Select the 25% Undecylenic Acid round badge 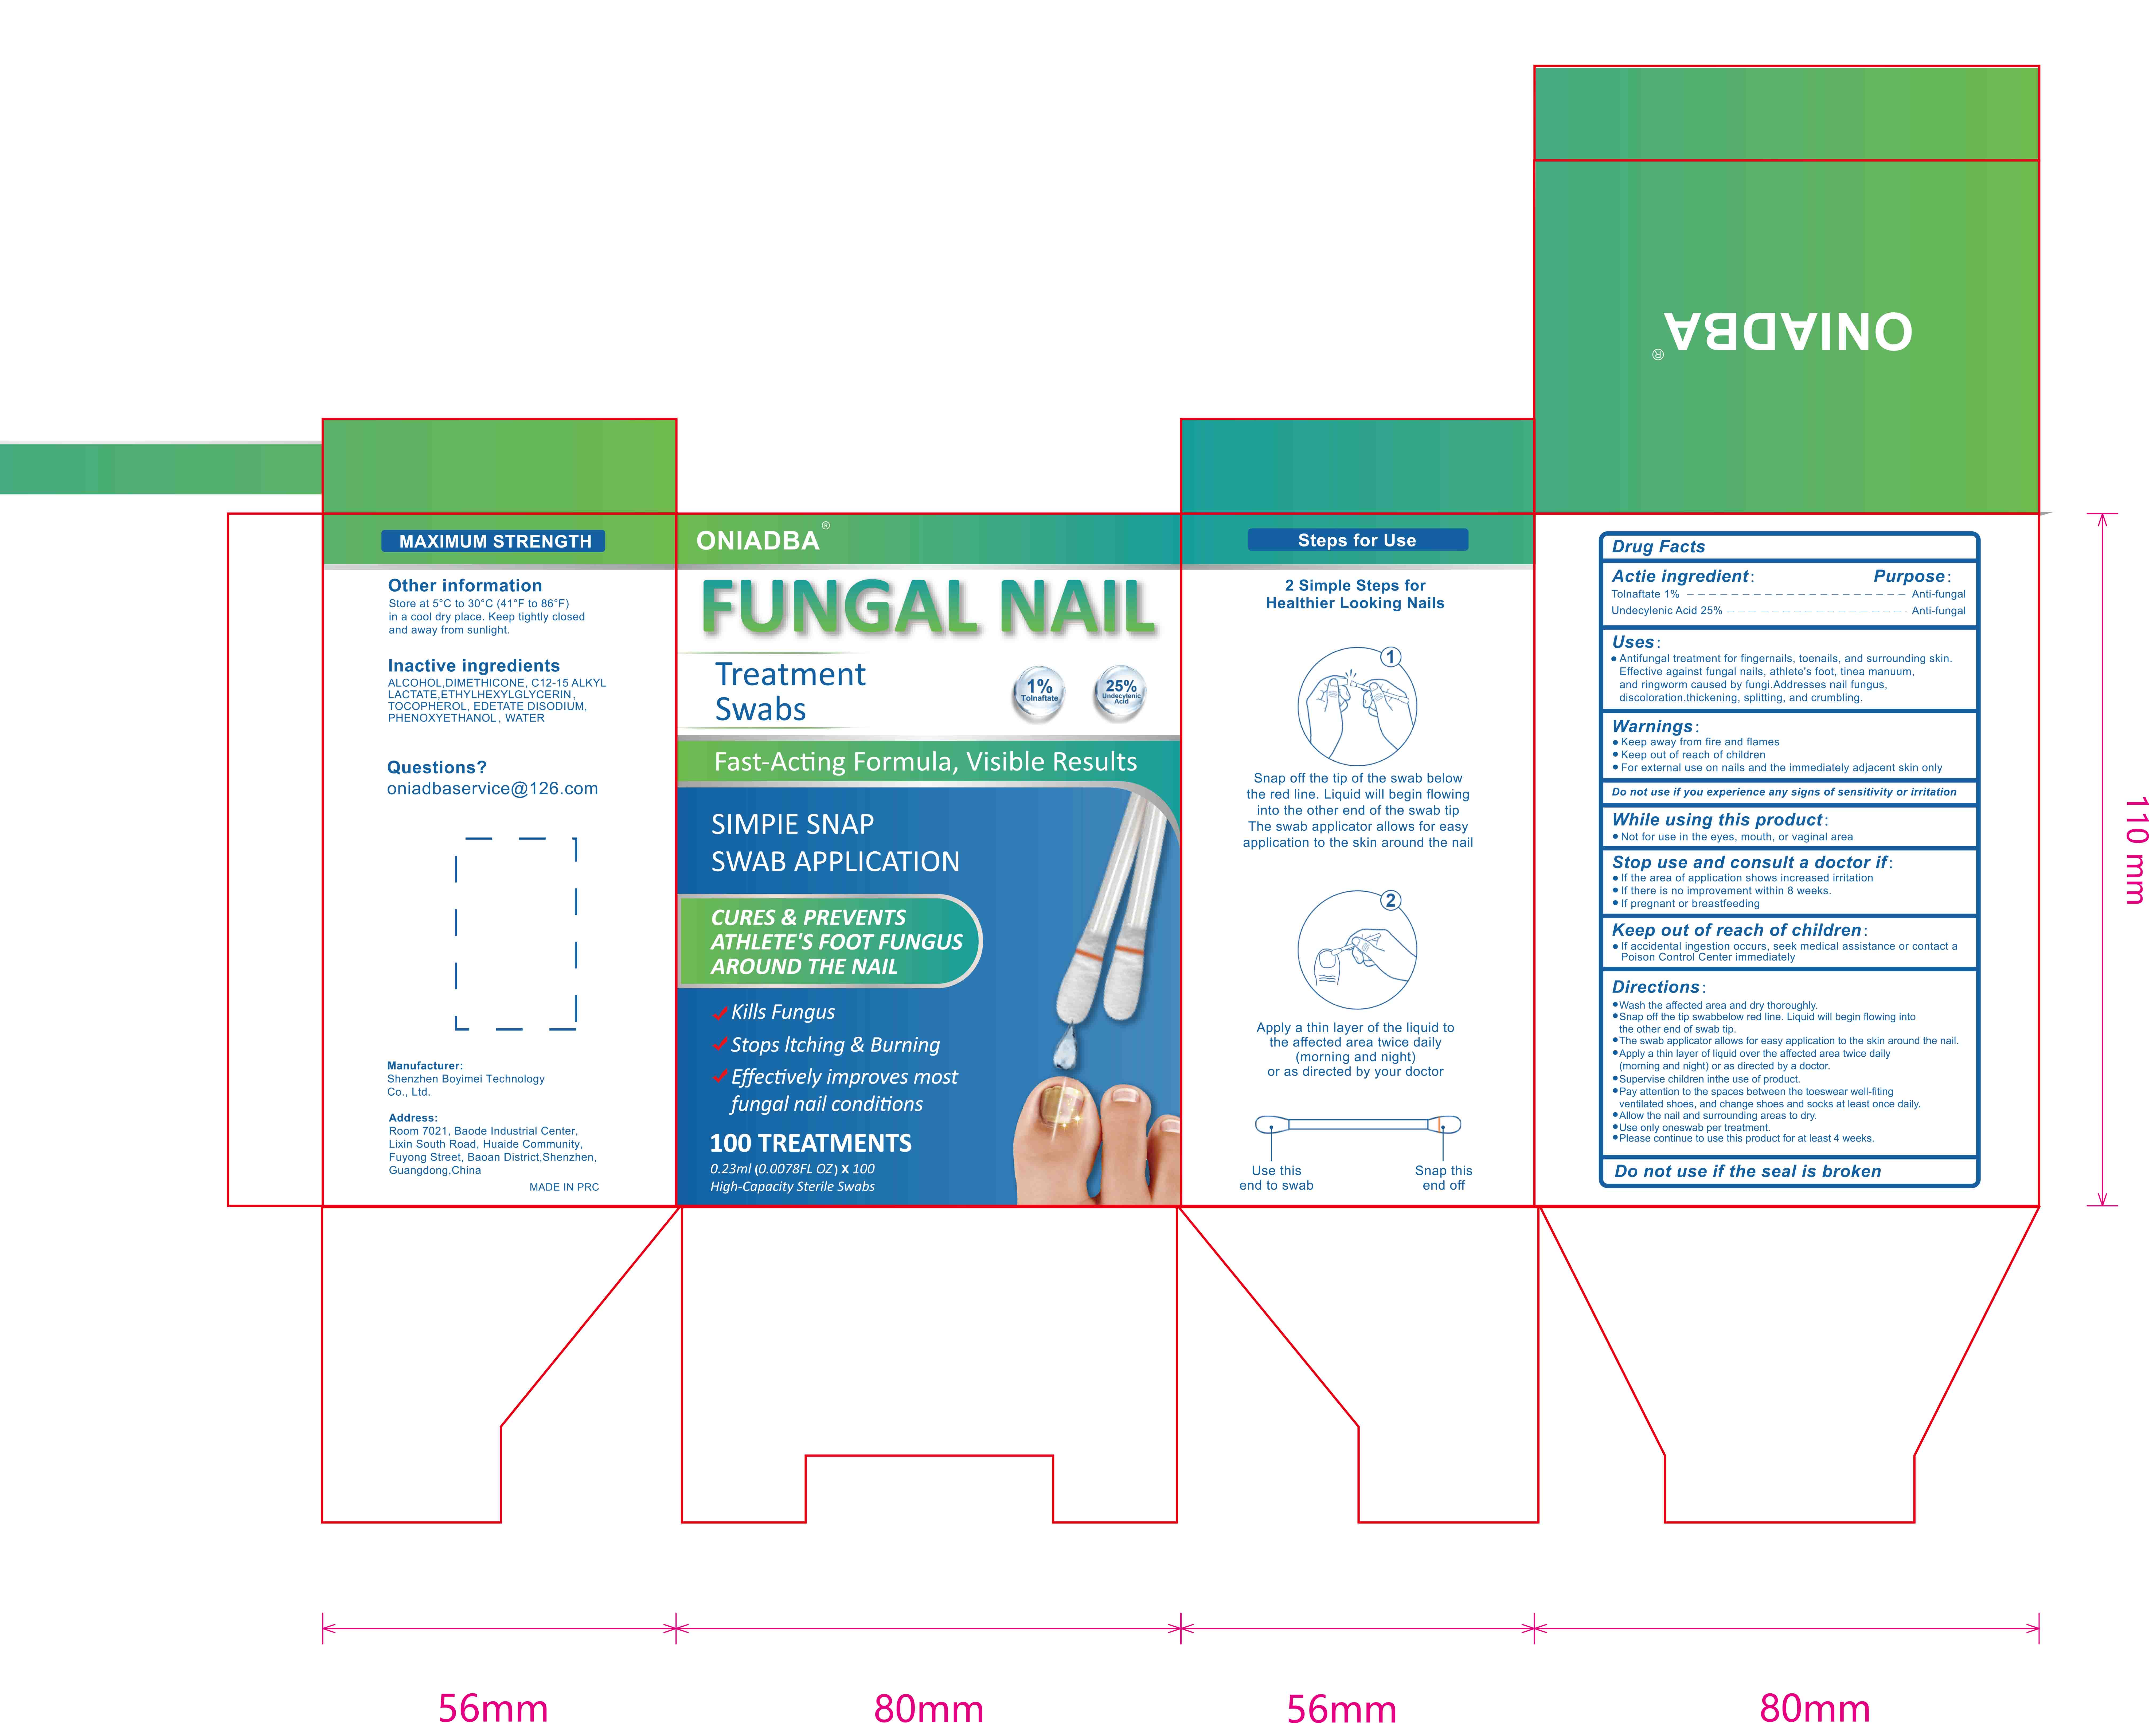(x=1120, y=690)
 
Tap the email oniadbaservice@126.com (x=493, y=788)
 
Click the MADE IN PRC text (x=564, y=1187)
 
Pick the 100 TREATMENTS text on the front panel (x=810, y=1143)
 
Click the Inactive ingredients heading (x=474, y=666)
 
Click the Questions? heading (x=437, y=767)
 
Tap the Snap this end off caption (x=1443, y=1178)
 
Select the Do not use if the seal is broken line (x=1747, y=1172)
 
